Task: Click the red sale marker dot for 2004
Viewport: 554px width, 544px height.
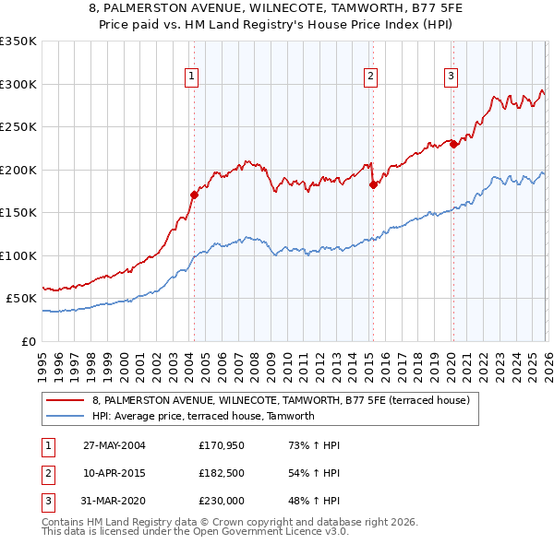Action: point(194,195)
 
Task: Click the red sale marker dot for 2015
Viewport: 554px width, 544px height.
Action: point(373,184)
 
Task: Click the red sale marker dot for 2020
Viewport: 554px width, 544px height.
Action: point(454,144)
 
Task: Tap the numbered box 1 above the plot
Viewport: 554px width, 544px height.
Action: point(191,77)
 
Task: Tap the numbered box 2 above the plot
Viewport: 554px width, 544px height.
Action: point(370,77)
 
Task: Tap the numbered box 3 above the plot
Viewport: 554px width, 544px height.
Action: point(452,77)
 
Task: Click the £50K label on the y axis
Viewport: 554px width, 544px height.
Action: point(21,299)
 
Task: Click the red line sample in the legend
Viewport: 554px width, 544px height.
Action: point(66,400)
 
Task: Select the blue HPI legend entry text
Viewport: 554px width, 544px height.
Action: point(203,416)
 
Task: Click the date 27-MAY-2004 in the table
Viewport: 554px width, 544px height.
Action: point(114,445)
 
